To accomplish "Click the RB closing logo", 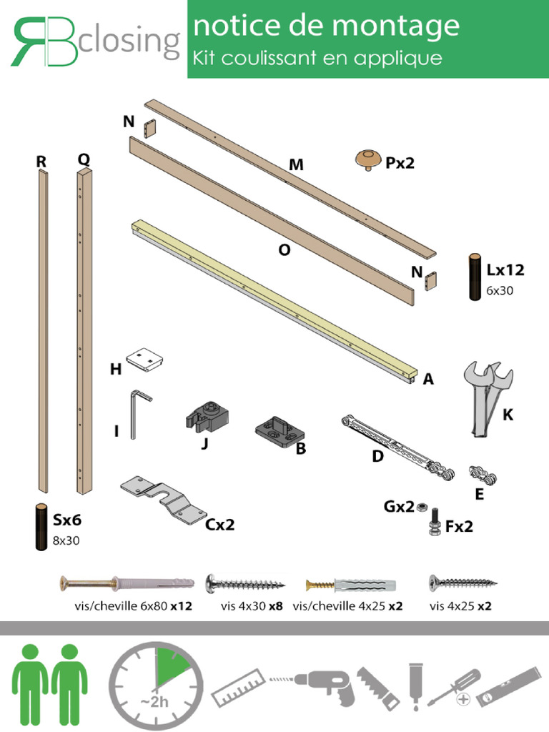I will (94, 41).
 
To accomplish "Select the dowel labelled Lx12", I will (475, 277).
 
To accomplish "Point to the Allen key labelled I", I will (138, 414).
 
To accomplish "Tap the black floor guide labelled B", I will (280, 432).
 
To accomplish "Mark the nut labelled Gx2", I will (422, 507).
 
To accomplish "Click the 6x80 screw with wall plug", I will (127, 585).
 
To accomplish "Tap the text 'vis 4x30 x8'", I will (252, 606).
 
